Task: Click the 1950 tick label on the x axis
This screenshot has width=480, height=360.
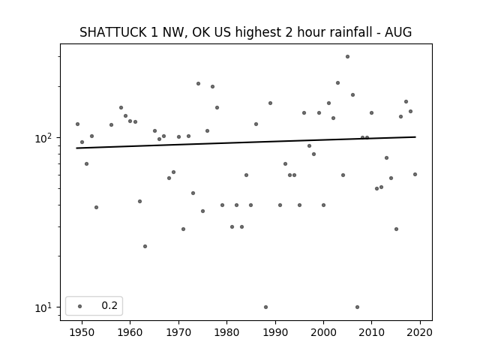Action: click(82, 332)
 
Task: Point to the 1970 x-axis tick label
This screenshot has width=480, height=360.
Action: click(178, 332)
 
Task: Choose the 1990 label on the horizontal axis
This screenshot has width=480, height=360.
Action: click(275, 332)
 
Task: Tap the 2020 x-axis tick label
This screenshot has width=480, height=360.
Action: click(420, 332)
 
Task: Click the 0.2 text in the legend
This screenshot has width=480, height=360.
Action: click(109, 305)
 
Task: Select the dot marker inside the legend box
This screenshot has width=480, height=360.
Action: click(80, 306)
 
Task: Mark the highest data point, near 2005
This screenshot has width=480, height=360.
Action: click(347, 57)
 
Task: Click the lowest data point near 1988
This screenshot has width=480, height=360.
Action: click(265, 307)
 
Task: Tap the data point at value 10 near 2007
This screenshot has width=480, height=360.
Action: click(357, 307)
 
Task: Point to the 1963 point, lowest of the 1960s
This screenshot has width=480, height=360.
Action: click(145, 247)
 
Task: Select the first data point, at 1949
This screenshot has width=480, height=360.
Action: click(77, 124)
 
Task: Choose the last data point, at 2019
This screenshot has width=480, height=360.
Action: click(415, 175)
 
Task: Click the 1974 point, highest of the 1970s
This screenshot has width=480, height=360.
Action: click(198, 83)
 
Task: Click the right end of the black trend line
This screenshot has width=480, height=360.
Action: click(415, 136)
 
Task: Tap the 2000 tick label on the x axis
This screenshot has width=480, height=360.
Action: click(323, 332)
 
